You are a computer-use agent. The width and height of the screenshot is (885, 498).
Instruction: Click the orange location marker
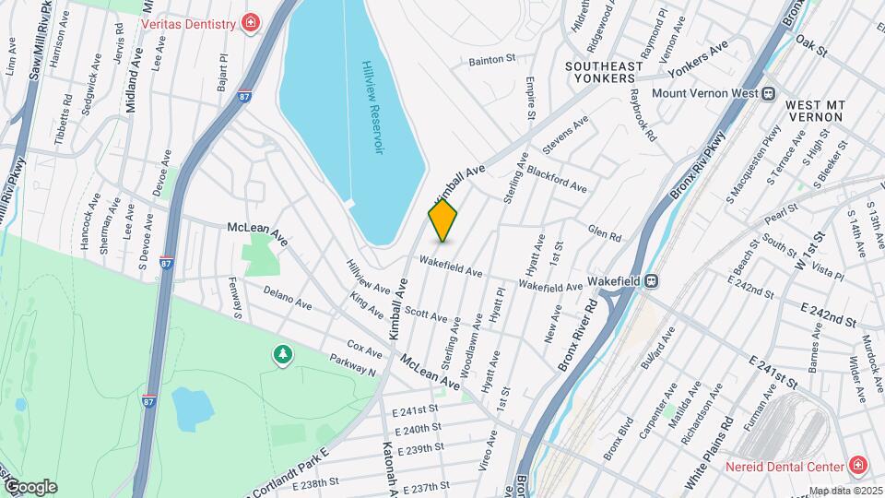(x=442, y=220)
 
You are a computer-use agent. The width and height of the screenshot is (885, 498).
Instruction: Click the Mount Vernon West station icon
(x=767, y=93)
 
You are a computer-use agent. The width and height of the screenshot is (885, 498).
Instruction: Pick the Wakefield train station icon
(x=651, y=280)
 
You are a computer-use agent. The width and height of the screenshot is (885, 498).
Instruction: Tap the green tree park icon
(x=282, y=354)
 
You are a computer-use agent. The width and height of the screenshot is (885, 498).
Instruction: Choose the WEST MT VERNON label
(x=815, y=112)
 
